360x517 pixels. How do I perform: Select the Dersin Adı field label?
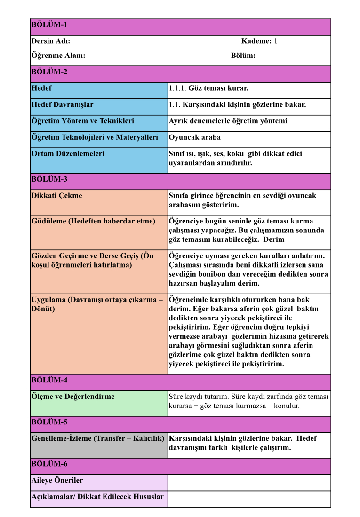51,41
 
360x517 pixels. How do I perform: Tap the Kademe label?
256,41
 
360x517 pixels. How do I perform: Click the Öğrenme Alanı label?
58,56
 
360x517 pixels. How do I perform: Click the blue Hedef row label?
41,88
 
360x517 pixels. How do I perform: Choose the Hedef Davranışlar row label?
62,104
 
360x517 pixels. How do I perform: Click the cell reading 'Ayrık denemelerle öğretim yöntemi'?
228,121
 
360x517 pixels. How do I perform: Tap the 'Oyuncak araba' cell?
194,137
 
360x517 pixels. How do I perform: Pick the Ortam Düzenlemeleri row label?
68,154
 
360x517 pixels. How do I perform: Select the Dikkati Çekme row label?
56,196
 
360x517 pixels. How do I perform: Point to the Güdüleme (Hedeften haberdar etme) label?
93,221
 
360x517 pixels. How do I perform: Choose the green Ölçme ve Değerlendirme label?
73,397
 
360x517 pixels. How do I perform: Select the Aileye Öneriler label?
57,480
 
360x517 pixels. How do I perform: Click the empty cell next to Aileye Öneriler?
249,482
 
